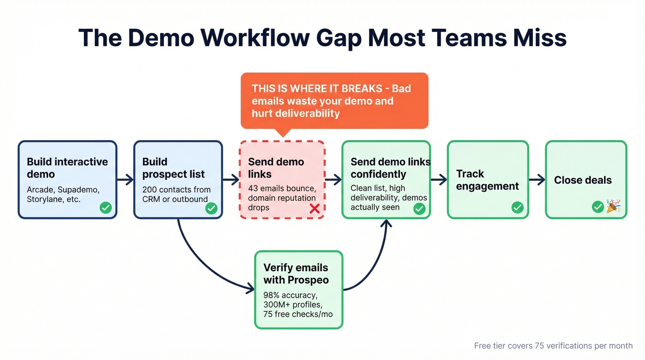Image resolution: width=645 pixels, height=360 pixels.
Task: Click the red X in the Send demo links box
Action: [315, 209]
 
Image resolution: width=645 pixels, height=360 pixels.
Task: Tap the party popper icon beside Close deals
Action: [613, 207]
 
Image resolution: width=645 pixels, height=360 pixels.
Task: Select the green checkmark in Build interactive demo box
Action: [106, 208]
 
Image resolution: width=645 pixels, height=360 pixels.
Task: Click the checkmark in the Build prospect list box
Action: [211, 208]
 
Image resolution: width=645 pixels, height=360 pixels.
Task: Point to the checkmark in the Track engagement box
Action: [517, 207]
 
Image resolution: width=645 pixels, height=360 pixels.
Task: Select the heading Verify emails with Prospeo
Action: [295, 273]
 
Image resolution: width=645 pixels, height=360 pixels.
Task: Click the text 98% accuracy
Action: [290, 295]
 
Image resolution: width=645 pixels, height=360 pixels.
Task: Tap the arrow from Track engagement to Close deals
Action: [537, 180]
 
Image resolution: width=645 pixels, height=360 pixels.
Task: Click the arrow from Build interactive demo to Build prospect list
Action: [125, 180]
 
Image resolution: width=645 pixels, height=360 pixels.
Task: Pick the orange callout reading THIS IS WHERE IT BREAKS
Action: [334, 100]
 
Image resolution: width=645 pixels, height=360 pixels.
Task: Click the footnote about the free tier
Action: [553, 346]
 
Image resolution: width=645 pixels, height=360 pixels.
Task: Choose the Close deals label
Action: [583, 180]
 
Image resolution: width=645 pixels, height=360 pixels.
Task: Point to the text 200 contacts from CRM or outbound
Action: [176, 194]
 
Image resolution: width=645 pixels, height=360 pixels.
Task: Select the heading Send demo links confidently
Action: [390, 168]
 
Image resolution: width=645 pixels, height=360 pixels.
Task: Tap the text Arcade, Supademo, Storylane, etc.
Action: [63, 194]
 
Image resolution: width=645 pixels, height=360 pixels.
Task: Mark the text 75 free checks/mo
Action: [298, 314]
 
